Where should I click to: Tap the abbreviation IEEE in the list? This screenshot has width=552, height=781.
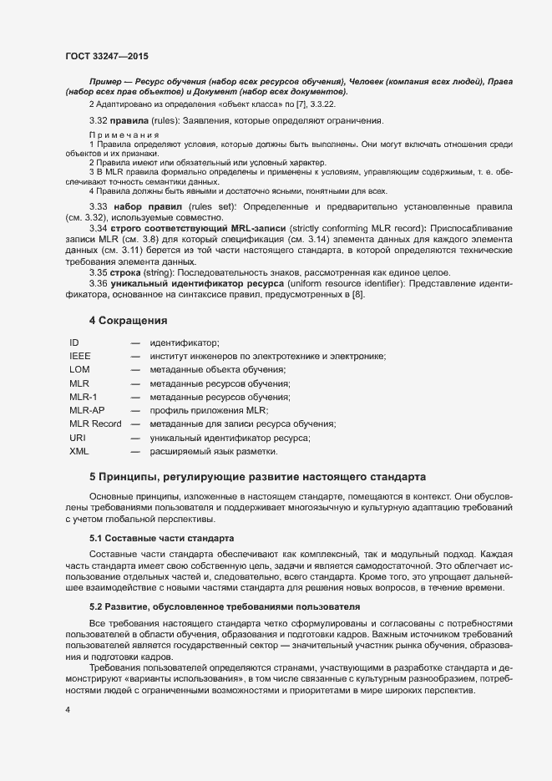pyautogui.click(x=81, y=357)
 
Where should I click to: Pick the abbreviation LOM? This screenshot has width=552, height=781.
pyautogui.click(x=80, y=370)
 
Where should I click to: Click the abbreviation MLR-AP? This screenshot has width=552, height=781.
pyautogui.click(x=87, y=411)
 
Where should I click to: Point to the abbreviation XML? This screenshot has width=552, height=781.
pyautogui.click(x=79, y=451)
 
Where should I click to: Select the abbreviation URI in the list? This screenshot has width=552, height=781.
pyautogui.click(x=78, y=438)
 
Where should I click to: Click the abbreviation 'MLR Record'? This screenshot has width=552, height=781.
pyautogui.click(x=95, y=424)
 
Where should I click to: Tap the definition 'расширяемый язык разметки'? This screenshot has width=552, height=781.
pyautogui.click(x=213, y=451)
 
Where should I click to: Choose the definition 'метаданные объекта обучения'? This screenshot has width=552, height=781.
pyautogui.click(x=218, y=370)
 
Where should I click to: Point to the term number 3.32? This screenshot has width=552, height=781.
pyautogui.click(x=99, y=121)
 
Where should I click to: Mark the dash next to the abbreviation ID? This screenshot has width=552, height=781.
pyautogui.click(x=135, y=343)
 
